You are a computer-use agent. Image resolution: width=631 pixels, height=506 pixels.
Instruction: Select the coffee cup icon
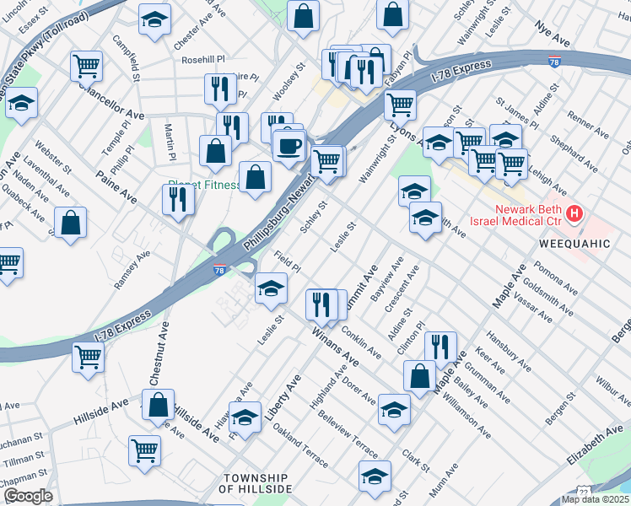[289, 145]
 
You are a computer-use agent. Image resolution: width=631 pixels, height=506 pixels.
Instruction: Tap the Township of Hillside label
[255, 482]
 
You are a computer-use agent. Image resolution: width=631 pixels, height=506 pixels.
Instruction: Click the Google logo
[28, 496]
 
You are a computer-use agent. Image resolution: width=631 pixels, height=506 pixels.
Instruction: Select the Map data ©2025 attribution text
[595, 499]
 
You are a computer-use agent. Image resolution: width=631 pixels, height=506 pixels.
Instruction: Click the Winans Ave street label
[335, 347]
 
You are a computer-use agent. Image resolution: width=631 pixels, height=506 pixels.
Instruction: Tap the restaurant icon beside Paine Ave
[178, 199]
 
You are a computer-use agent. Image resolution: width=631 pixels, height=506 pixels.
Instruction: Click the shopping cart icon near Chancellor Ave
[87, 66]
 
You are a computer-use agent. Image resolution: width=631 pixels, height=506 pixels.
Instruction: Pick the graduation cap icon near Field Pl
[271, 288]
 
